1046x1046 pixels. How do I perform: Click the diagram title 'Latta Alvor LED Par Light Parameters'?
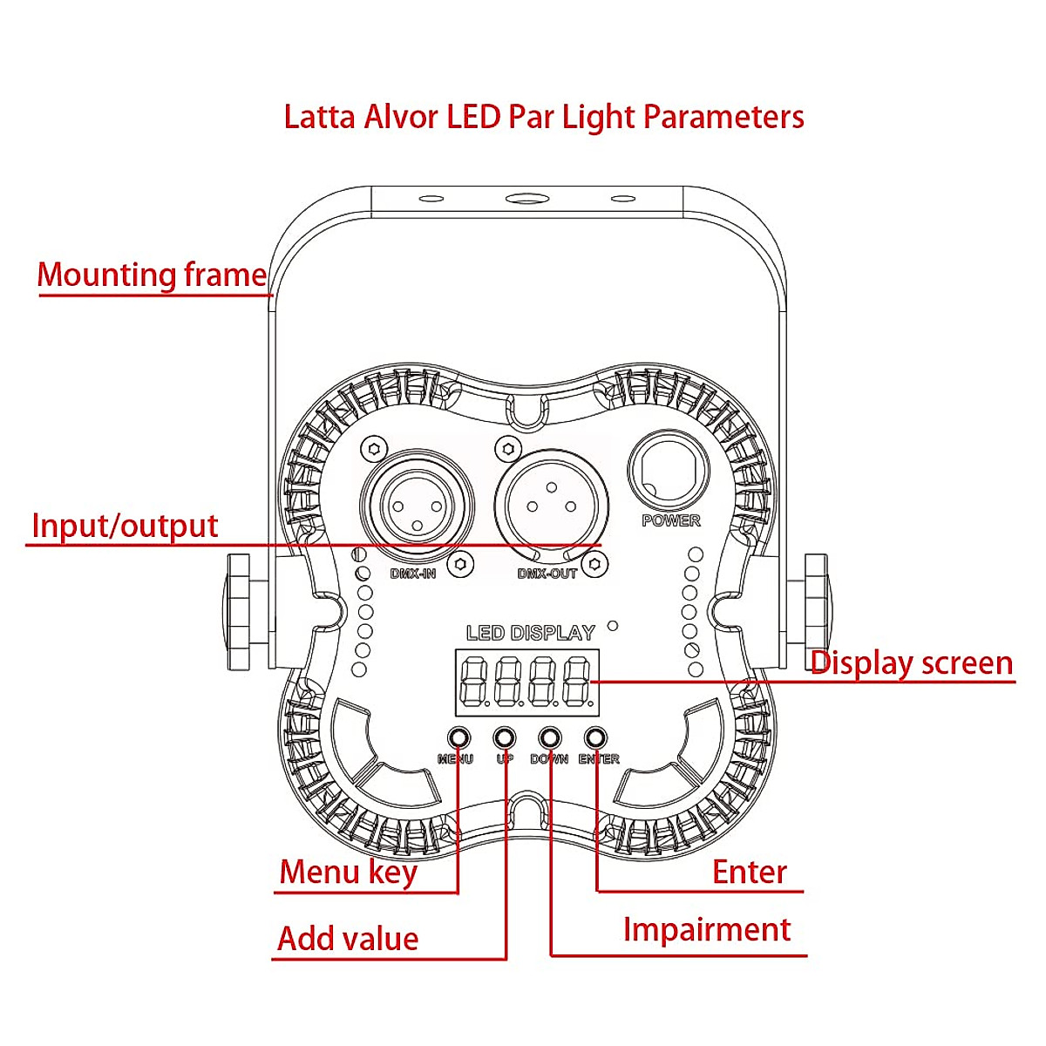[x=544, y=117]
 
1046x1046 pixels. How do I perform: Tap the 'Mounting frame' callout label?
[x=153, y=275]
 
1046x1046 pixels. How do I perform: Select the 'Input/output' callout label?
[x=125, y=526]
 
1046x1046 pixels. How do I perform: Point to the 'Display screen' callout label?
[x=912, y=662]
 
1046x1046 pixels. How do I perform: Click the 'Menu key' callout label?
[x=348, y=872]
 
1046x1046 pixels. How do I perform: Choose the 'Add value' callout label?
[x=348, y=939]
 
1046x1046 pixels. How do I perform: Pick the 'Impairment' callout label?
[x=706, y=929]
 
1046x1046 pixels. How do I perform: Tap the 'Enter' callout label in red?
[x=749, y=872]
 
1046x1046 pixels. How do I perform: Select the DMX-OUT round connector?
[x=551, y=506]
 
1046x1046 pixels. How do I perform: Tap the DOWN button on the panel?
[x=550, y=737]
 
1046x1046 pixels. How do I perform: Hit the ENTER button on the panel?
[x=595, y=737]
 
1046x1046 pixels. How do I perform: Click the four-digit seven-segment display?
[x=527, y=681]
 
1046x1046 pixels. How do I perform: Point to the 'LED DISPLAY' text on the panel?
[x=530, y=633]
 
